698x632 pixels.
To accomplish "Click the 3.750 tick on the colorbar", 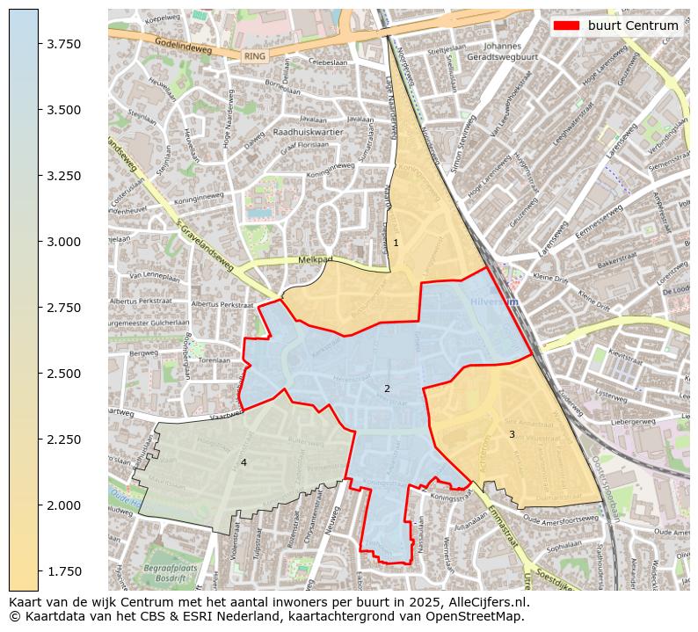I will [63, 44].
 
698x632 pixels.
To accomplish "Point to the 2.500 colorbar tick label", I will [63, 374].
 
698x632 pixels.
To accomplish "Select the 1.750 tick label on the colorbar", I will [63, 571].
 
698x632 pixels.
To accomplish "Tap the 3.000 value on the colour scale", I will [63, 242].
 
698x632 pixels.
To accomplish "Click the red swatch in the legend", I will [566, 25].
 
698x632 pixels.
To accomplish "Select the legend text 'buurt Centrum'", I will [633, 25].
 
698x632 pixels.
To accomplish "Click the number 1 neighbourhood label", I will [396, 243].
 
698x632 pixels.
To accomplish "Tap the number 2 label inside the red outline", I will [387, 389].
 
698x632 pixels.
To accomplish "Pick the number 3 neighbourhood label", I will [512, 434].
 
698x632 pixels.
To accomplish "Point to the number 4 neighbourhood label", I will [244, 462].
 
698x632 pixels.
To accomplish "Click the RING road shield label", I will [255, 56].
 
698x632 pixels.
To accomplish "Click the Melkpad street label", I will [316, 260].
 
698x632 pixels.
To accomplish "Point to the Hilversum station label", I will [496, 301].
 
